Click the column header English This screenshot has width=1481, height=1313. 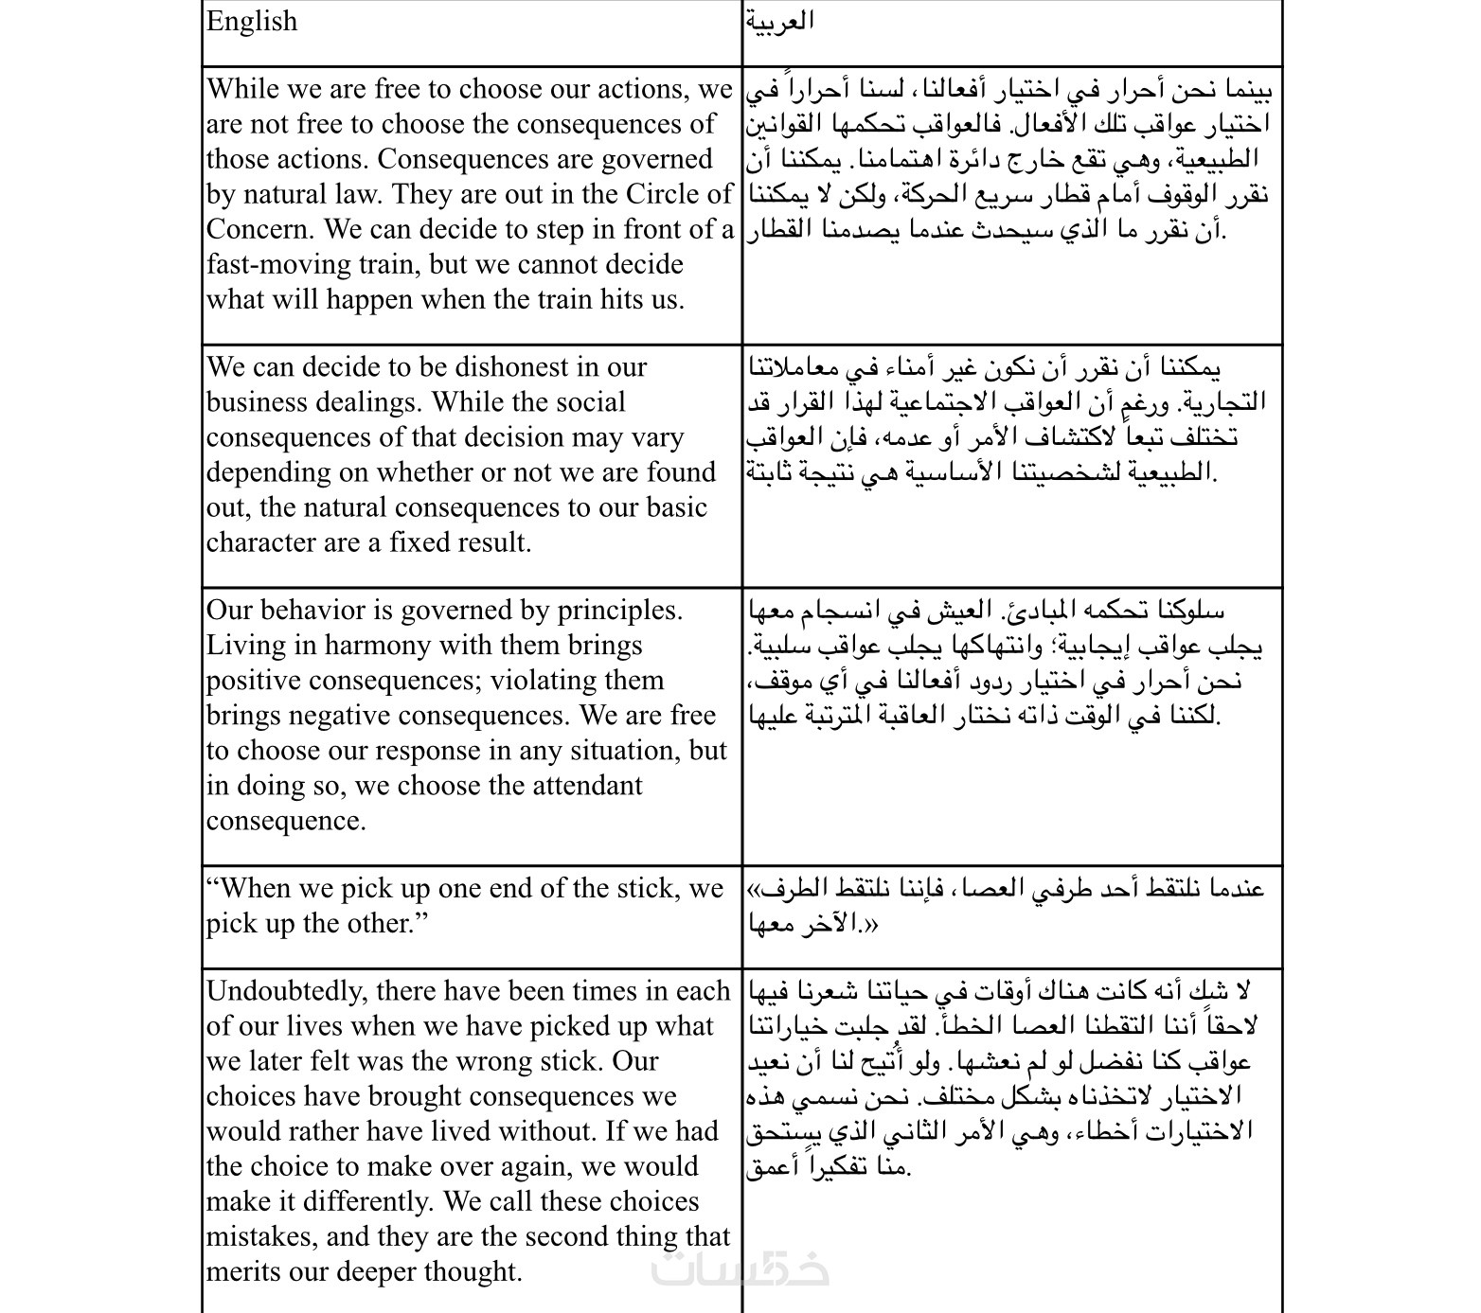tap(252, 22)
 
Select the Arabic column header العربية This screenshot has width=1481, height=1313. tap(779, 22)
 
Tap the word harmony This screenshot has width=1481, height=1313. tap(380, 646)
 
